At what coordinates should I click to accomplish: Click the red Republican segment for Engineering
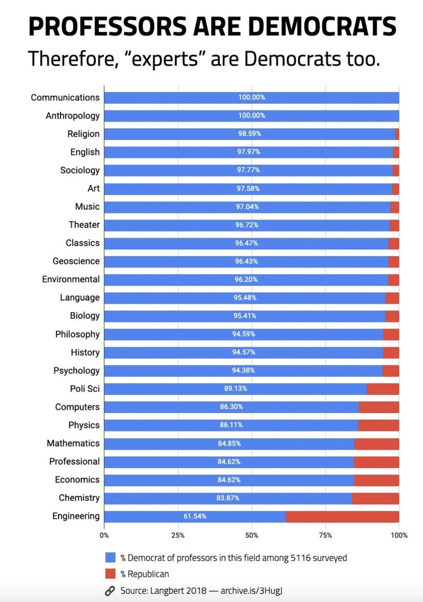coord(342,516)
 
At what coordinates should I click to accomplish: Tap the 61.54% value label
coord(195,516)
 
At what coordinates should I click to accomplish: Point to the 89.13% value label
coord(235,389)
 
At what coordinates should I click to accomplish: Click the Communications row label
coord(65,98)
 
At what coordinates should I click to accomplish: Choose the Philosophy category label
coord(77,334)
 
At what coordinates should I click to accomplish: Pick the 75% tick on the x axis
coord(325,535)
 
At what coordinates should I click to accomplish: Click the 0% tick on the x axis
coord(104,535)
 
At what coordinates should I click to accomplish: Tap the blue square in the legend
coord(110,558)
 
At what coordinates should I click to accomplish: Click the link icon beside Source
coord(110,591)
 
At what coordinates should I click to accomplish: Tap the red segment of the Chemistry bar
coord(375,498)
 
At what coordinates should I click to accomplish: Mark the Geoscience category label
coord(76,261)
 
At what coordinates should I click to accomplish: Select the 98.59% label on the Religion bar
coord(250,134)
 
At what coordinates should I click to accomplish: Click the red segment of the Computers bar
coord(379,407)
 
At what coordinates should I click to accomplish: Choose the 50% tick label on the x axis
coord(252,535)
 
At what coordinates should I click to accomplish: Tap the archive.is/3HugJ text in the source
coord(252,591)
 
